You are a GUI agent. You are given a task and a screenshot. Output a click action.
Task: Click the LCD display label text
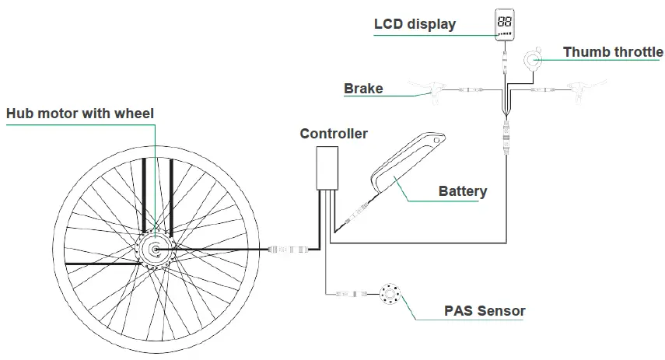415,24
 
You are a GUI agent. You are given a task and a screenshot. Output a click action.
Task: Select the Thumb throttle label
613,53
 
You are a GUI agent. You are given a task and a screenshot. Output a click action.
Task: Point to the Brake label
363,89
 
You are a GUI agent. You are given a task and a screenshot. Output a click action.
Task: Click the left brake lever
437,90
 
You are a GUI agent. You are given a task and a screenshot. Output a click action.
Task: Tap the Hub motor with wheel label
80,114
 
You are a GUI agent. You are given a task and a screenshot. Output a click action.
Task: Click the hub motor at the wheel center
155,250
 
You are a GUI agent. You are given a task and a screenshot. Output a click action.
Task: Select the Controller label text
334,134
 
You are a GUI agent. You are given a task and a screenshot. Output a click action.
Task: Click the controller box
326,167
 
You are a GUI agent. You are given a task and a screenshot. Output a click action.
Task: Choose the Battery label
462,191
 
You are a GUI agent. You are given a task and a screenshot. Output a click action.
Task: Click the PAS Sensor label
485,311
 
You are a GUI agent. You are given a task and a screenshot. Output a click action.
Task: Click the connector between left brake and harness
471,90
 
